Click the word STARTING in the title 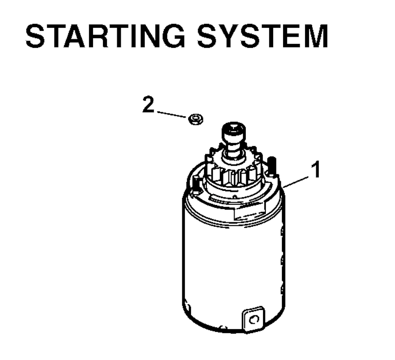coord(105,36)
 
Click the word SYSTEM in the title coord(262,36)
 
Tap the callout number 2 coord(148,104)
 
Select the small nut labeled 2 coord(196,119)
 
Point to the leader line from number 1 coord(296,182)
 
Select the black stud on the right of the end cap coord(272,166)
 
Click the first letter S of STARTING coord(35,36)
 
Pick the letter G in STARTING coord(174,36)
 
